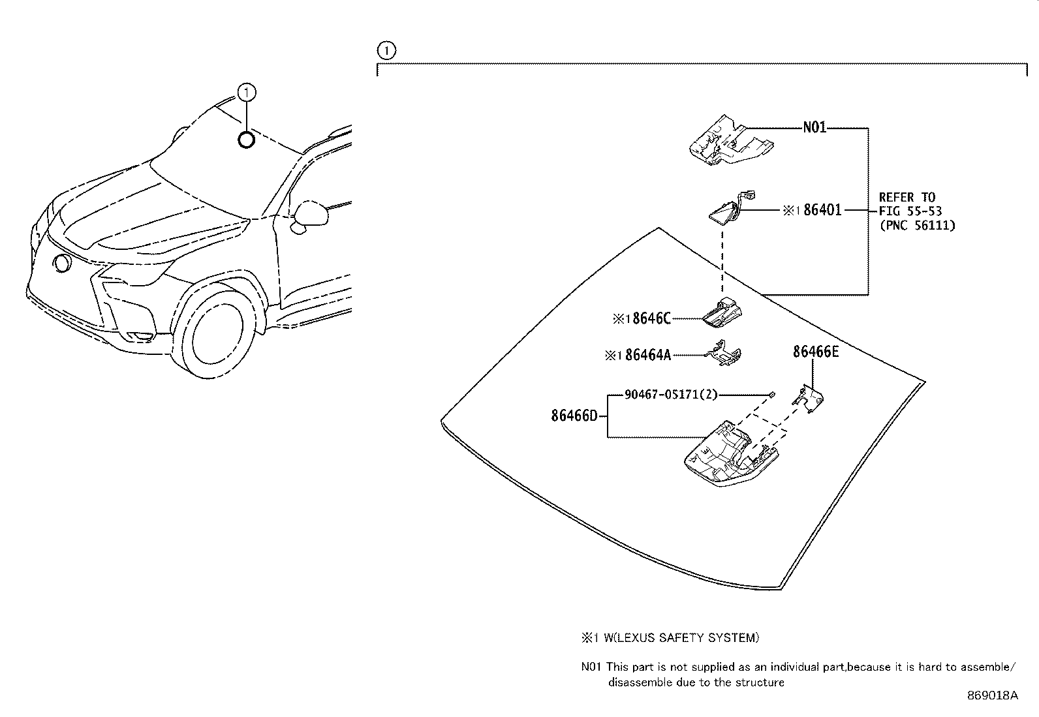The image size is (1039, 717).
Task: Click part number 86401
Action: point(822,210)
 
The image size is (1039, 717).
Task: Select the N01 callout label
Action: point(814,128)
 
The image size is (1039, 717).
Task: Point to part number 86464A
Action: point(647,355)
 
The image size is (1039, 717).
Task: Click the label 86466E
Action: point(815,352)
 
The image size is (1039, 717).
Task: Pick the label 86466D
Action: point(574,416)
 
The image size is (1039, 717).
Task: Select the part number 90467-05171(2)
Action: point(671,394)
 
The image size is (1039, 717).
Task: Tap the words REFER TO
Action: point(907,197)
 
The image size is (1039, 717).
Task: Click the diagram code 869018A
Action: point(992,695)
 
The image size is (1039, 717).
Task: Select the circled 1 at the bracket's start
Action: point(386,50)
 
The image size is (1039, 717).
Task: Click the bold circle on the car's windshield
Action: point(246,140)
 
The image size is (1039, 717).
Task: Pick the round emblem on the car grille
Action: point(63,264)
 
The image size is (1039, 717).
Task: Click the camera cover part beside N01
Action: point(730,139)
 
